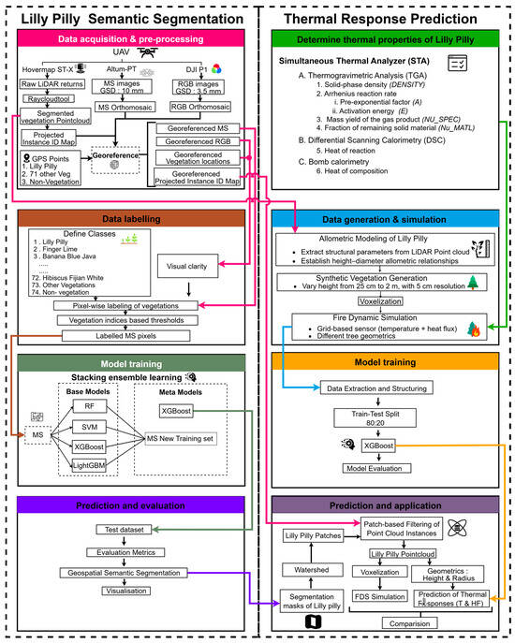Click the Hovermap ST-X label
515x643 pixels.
pos(46,67)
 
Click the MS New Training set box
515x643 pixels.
pos(189,439)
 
